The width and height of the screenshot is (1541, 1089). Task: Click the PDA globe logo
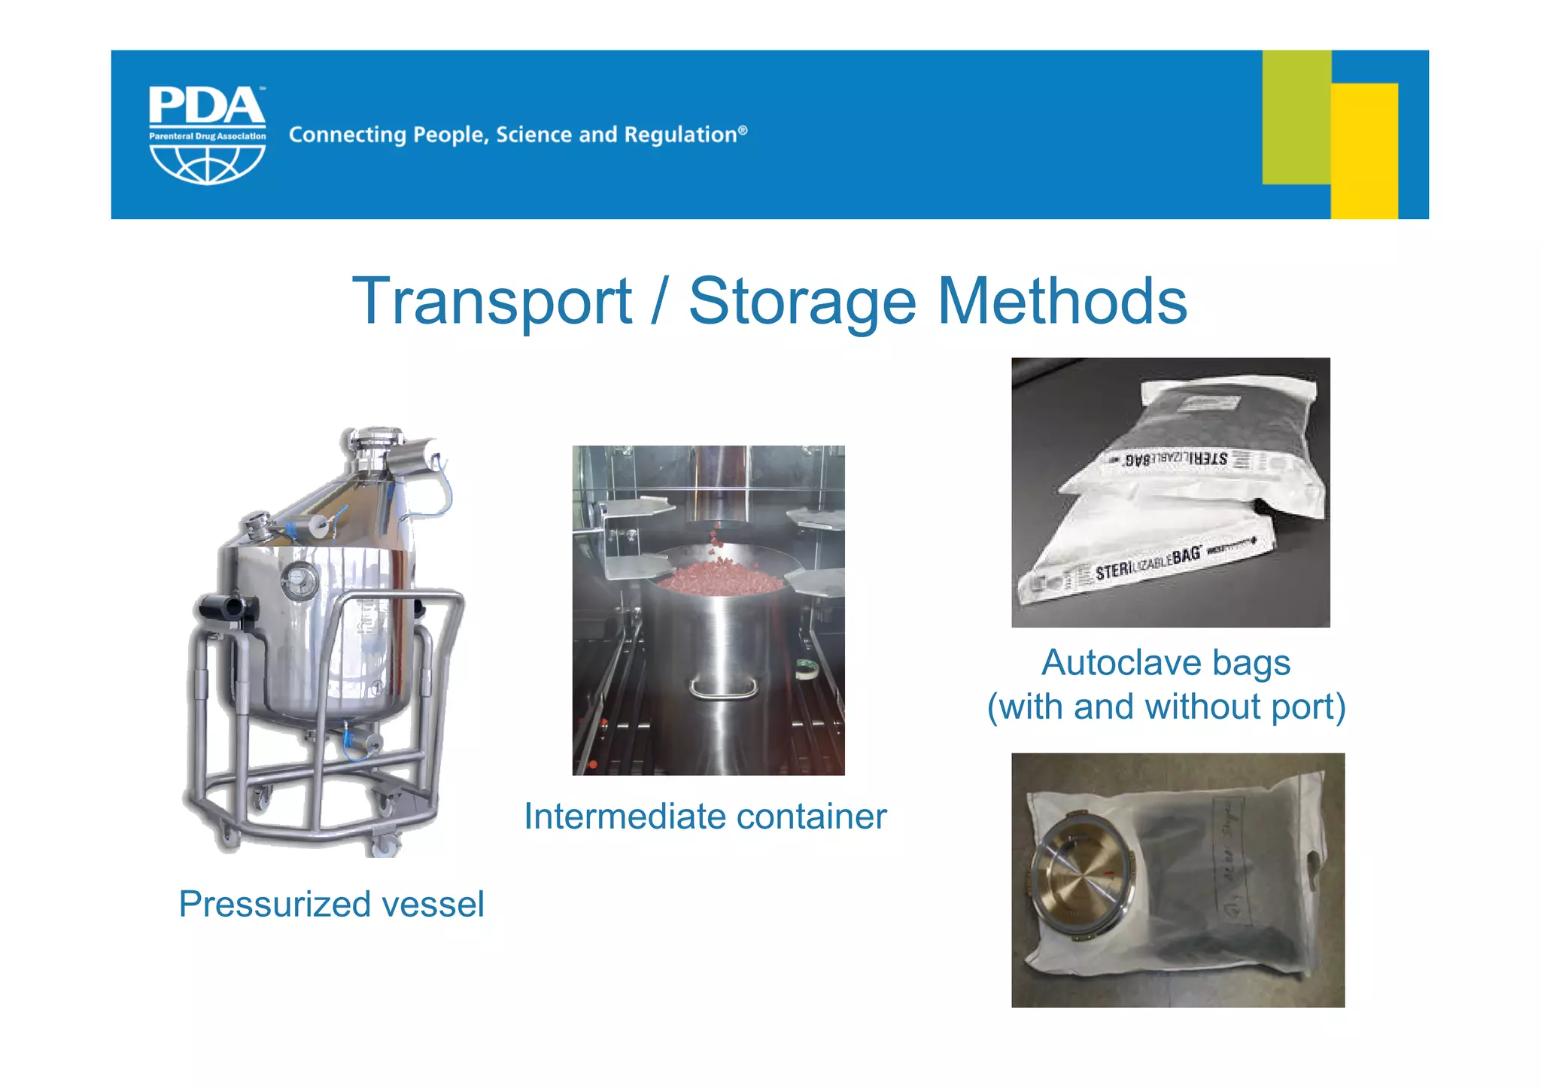207,135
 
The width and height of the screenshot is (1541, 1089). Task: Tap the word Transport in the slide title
492,301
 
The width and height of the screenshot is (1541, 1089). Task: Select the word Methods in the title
1062,301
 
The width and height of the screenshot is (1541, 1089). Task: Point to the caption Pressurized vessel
331,904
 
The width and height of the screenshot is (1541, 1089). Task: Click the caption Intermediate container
705,817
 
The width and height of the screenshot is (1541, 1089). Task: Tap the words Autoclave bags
1166,663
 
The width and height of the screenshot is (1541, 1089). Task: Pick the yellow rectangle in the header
1364,151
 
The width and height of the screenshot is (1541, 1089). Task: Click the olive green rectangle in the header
1296,117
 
